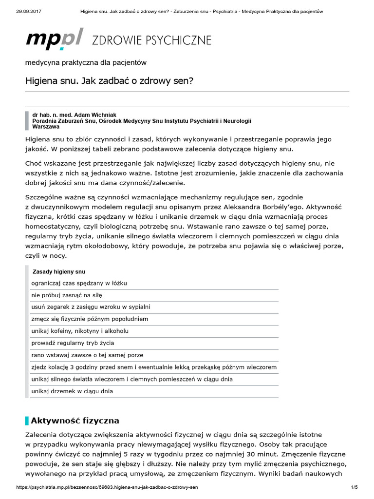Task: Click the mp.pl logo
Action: tap(55, 38)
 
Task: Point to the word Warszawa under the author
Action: tap(46, 126)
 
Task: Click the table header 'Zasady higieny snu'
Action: tap(58, 271)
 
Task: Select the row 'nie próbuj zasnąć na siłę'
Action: tap(67, 295)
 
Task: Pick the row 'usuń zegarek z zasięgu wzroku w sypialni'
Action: tap(91, 307)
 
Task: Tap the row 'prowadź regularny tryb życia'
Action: tap(73, 343)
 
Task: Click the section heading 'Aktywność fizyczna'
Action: tap(75, 420)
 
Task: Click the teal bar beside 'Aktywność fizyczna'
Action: tap(27, 420)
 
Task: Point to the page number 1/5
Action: tap(354, 487)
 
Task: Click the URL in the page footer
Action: tap(107, 487)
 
